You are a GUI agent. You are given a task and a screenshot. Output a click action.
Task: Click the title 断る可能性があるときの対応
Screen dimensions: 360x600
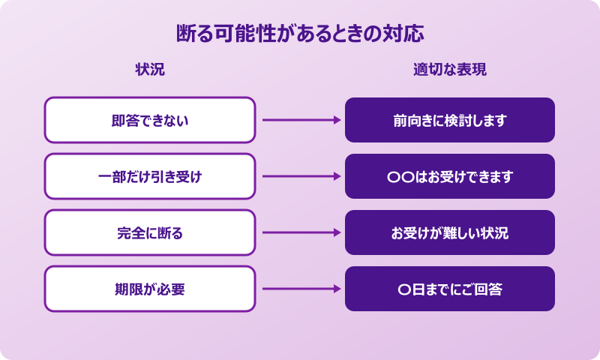click(x=300, y=34)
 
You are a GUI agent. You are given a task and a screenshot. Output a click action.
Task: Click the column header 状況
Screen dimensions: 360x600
click(x=150, y=70)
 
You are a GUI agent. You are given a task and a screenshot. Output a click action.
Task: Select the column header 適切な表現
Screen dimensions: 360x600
click(x=450, y=70)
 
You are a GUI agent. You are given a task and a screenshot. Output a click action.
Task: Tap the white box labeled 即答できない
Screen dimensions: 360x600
click(x=150, y=120)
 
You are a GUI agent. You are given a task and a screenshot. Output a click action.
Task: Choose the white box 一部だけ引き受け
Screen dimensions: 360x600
click(x=150, y=176)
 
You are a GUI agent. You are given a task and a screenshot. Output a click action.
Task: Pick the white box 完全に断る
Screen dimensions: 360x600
click(x=150, y=232)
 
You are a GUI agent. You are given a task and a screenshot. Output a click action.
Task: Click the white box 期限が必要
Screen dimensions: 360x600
click(x=150, y=289)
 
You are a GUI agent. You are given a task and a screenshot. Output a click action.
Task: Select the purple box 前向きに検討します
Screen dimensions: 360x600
click(x=450, y=120)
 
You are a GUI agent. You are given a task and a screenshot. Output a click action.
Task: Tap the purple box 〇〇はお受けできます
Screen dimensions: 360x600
click(x=450, y=176)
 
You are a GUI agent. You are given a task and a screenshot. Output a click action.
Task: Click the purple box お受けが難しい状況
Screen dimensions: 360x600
click(x=450, y=232)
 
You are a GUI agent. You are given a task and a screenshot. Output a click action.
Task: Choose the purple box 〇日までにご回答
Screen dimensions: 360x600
click(x=450, y=289)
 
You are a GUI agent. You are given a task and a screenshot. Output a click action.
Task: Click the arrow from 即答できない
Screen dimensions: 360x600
click(x=300, y=120)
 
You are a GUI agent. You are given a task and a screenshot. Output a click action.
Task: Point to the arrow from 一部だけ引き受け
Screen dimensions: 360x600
click(x=300, y=176)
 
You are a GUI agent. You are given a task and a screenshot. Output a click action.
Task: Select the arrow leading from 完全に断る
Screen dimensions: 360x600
click(x=300, y=232)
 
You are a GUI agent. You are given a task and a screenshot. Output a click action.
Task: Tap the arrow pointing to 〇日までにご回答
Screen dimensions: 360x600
click(x=300, y=289)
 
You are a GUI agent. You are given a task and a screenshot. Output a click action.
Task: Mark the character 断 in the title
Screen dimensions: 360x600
click(x=185, y=34)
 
